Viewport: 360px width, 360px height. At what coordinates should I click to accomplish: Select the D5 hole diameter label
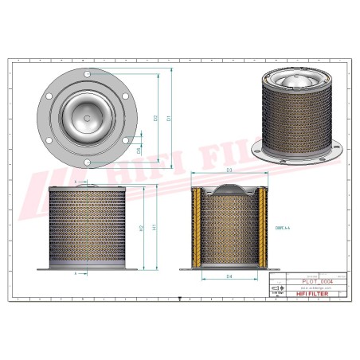pos(140,150)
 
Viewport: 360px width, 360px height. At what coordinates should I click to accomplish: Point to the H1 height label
pos(156,228)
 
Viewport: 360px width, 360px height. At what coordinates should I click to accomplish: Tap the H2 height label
pos(142,229)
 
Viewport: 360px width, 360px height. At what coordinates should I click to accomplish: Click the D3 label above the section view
pos(229,170)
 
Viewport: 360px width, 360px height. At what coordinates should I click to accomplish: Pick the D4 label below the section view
pos(229,276)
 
